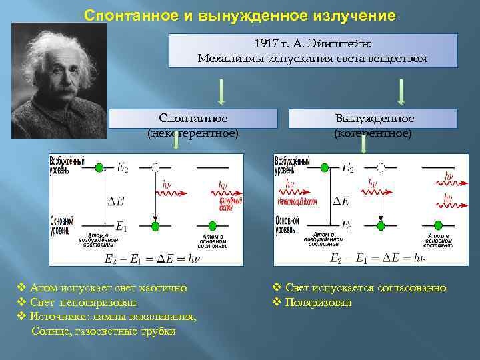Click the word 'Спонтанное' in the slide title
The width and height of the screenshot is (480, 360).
(x=125, y=15)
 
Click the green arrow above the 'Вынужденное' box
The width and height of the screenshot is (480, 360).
(x=401, y=92)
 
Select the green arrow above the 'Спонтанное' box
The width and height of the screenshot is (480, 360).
(x=222, y=92)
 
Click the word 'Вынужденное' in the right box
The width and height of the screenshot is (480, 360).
(x=374, y=118)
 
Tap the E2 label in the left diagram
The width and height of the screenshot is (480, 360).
(x=121, y=169)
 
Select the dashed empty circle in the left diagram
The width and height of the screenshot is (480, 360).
(x=155, y=167)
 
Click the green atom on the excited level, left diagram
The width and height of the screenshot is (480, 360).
(x=99, y=167)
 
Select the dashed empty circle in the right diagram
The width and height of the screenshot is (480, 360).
(x=381, y=167)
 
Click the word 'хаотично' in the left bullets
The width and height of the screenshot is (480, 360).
(x=162, y=288)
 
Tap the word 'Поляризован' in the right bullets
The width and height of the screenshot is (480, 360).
(x=319, y=303)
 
